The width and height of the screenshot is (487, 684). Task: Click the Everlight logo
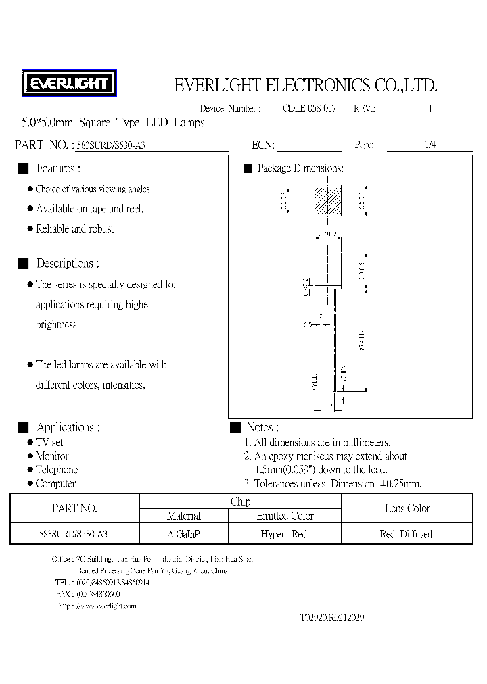[70, 84]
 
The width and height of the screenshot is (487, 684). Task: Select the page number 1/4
[430, 145]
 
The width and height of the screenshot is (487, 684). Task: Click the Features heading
[58, 168]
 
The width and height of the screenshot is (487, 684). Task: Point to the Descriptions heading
[67, 264]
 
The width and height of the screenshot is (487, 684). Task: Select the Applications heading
[68, 427]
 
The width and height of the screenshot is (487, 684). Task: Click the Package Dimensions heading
[300, 168]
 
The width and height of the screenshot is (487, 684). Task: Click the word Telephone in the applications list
[57, 470]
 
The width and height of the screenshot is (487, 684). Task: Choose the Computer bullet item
[55, 483]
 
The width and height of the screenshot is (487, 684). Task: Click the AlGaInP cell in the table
[183, 534]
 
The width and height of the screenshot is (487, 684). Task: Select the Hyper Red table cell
[284, 534]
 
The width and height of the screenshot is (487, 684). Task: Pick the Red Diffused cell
[407, 534]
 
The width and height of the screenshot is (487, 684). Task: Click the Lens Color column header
[407, 508]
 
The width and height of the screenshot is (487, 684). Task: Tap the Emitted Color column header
[285, 516]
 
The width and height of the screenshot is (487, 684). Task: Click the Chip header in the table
[240, 502]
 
